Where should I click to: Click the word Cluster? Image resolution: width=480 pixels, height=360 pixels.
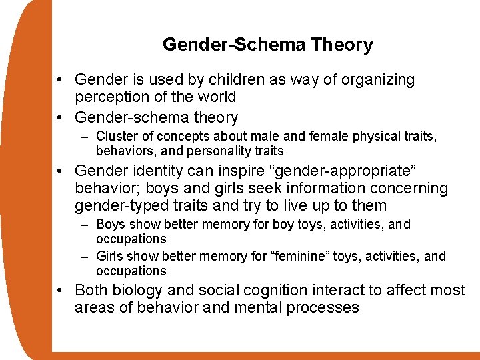(117, 137)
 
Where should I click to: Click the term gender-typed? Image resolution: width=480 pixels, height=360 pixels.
(118, 206)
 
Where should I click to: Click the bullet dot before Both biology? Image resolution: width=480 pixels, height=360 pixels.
(61, 291)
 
